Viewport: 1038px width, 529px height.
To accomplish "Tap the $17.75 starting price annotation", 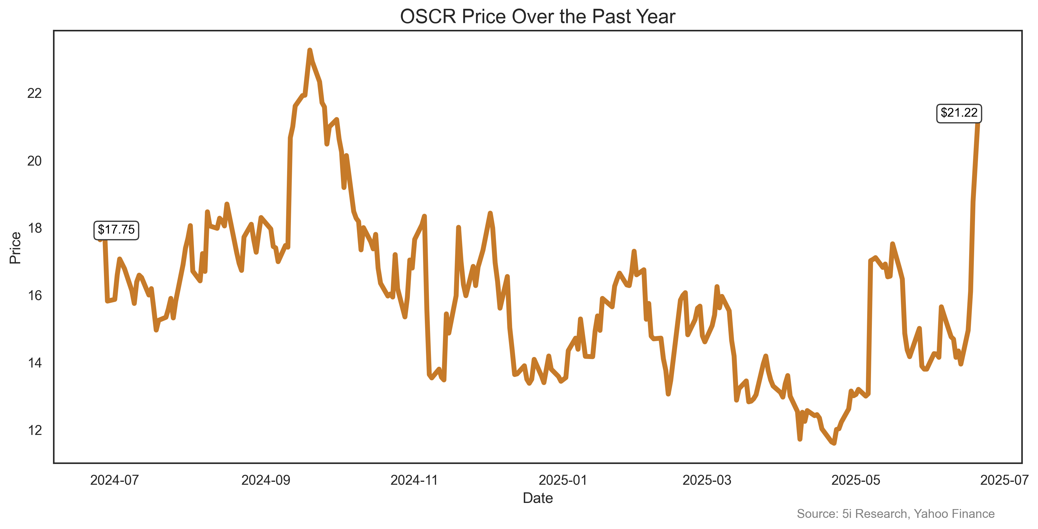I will [116, 230].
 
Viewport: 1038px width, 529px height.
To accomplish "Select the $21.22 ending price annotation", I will [959, 113].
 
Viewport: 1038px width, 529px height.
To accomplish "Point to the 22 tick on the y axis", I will [34, 93].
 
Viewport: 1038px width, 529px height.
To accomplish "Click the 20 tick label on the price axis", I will [34, 161].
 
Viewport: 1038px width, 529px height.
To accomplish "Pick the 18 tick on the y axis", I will [34, 228].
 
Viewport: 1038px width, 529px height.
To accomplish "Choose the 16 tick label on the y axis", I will [34, 295].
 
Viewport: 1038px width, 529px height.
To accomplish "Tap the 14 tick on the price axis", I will [34, 363].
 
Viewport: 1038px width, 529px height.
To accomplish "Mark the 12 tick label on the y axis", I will [34, 430].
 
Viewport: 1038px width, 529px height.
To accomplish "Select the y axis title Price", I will [15, 248].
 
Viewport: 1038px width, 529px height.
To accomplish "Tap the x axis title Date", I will [538, 498].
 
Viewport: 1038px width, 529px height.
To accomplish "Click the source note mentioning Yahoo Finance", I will [895, 514].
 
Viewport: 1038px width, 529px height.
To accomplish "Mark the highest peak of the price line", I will [309, 50].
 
